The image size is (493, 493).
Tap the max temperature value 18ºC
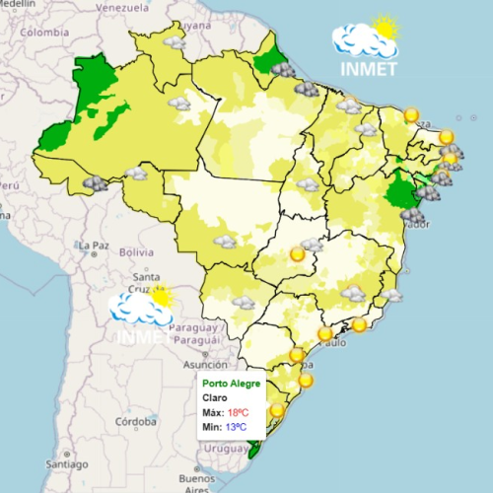click(238, 412)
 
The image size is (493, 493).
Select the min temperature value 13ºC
click(236, 427)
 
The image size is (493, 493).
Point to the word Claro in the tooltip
click(215, 397)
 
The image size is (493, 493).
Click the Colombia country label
click(46, 32)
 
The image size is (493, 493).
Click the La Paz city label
click(94, 244)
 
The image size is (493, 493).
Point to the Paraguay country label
click(190, 327)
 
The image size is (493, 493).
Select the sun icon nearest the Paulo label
click(325, 333)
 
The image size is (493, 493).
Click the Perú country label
click(9, 185)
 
